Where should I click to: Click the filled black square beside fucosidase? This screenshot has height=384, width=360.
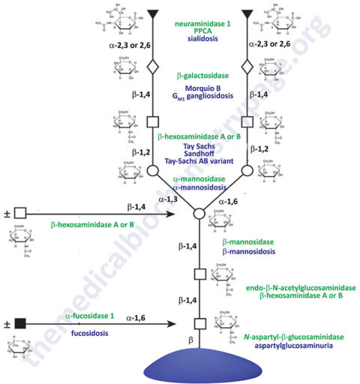20,323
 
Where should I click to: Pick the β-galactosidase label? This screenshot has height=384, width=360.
202,76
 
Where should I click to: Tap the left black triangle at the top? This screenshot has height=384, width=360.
154,13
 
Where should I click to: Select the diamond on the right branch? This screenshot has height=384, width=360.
247,67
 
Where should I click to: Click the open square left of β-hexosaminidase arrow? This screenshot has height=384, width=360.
20,213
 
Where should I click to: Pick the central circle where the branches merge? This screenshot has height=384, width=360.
200,214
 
